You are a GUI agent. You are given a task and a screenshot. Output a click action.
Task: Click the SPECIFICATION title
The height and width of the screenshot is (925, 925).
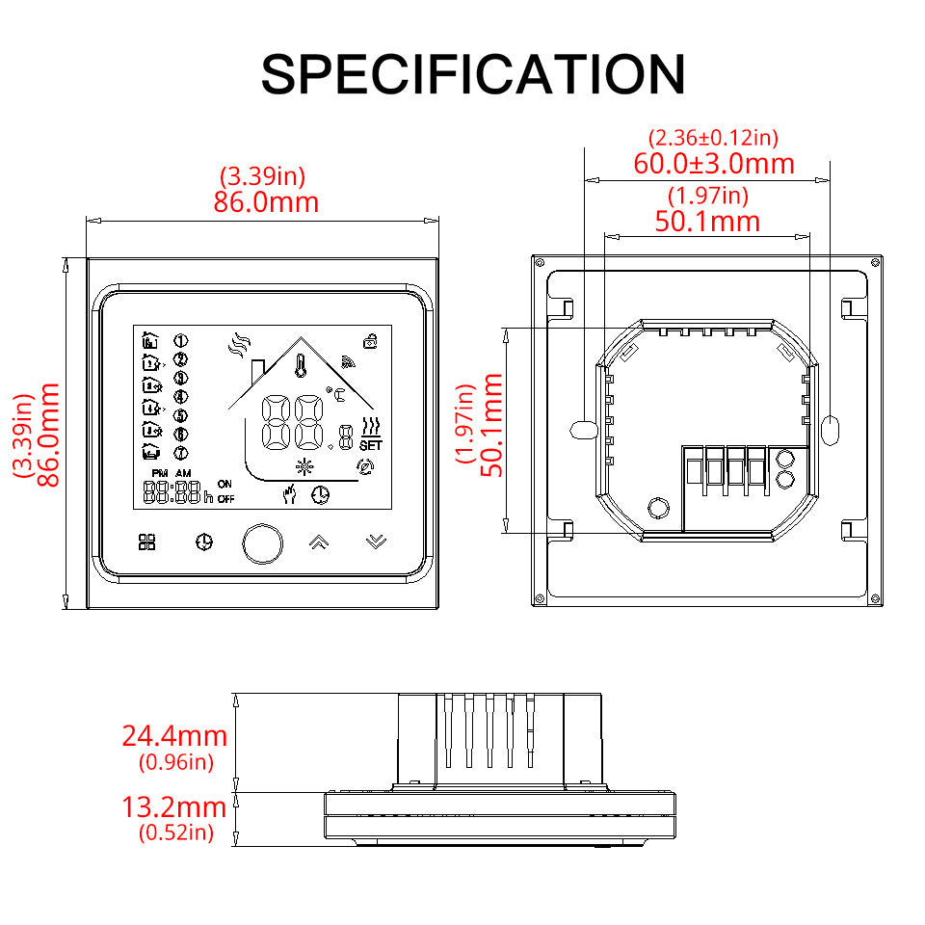pos(473,73)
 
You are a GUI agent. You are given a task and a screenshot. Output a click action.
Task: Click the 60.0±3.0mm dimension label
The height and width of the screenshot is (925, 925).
pos(714,163)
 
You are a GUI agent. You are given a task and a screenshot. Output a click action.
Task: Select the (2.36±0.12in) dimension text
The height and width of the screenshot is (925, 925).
pos(714,138)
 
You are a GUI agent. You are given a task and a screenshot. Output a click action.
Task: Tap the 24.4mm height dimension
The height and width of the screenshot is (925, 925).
pos(174,736)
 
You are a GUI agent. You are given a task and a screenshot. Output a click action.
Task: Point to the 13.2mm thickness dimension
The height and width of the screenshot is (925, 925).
pos(174,807)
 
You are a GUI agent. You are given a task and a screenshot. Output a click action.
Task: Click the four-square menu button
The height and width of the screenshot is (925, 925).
pos(146,542)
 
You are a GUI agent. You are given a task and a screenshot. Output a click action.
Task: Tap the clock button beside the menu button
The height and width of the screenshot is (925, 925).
pos(203,542)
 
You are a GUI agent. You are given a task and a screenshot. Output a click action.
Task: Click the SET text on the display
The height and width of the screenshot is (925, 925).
pos(370,446)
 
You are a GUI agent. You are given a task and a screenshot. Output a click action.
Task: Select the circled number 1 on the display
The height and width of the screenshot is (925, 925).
pos(180,340)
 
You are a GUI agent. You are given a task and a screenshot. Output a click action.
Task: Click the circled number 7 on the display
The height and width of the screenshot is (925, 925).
pos(180,452)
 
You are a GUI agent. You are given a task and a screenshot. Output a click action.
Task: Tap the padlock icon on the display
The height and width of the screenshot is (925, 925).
pos(370,340)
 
